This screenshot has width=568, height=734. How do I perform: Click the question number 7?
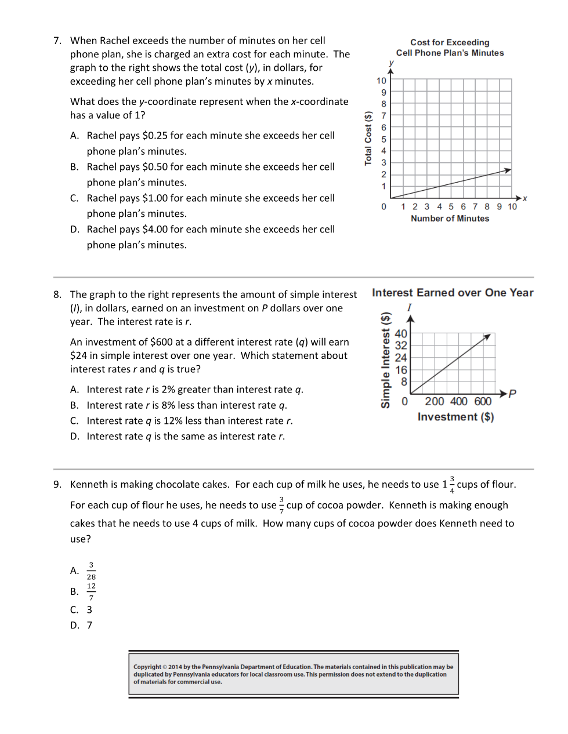pos(57,41)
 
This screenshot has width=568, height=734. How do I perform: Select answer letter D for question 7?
pos(74,230)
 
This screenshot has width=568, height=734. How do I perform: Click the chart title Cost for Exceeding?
pos(450,42)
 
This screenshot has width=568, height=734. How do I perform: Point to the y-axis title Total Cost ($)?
pos(368,139)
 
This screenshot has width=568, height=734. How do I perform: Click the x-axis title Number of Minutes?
pos(450,219)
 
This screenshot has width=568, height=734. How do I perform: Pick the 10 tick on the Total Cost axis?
pos(381,81)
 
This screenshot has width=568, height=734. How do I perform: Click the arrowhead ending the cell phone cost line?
pos(508,170)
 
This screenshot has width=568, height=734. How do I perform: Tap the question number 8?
pos(57,295)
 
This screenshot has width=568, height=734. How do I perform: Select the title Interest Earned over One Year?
pos(453,293)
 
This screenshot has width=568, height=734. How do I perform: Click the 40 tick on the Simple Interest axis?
pos(401,334)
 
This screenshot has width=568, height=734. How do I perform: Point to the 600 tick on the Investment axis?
pos(483,401)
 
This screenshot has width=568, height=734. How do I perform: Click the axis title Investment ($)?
pos(455,417)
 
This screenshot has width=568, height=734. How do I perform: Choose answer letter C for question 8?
pos(74,421)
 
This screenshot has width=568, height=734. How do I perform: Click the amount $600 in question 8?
pos(161,342)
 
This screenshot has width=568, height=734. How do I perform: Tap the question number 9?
pos(57,485)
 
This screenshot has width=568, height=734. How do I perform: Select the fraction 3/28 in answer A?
pos(91,571)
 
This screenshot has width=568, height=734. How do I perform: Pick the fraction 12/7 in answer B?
pos(91,592)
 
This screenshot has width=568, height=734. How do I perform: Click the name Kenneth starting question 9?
pos(89,485)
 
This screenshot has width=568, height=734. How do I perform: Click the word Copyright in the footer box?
pos(147,667)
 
